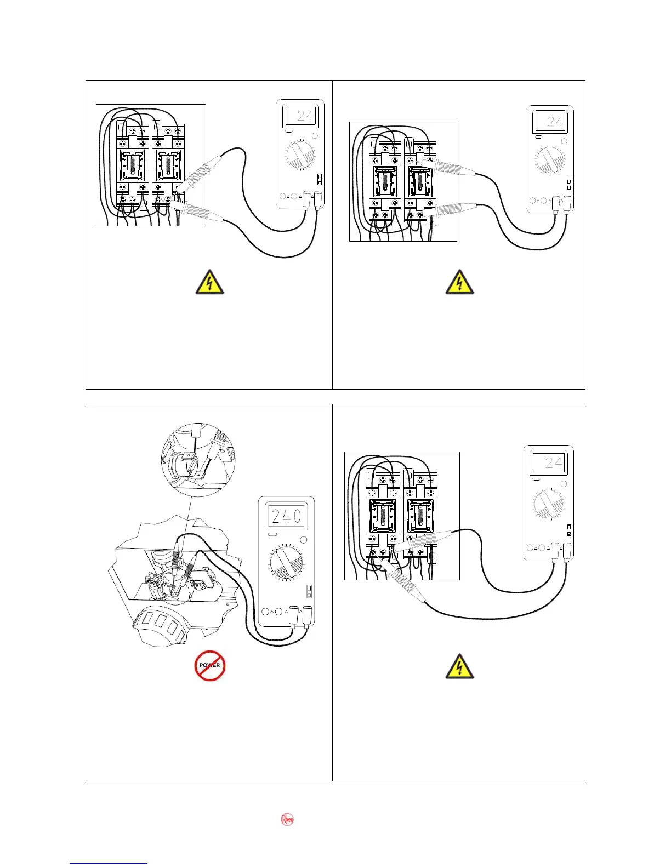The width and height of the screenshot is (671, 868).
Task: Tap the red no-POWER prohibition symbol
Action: tap(210, 665)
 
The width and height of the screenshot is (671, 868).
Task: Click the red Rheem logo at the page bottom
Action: tap(287, 819)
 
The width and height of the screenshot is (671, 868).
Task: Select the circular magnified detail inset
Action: tap(198, 460)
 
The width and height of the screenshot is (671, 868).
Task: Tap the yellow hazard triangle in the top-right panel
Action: tap(459, 283)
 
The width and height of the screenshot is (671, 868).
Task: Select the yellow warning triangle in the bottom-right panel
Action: tap(459, 666)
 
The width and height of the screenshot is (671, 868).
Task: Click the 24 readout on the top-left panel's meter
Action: tap(300, 116)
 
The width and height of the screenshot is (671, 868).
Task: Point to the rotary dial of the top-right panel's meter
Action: tap(550, 159)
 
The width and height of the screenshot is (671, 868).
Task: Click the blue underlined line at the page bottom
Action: tap(109, 863)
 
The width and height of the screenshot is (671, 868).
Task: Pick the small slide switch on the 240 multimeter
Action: tap(309, 591)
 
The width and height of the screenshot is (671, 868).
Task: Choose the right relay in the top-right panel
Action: tap(420, 183)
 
